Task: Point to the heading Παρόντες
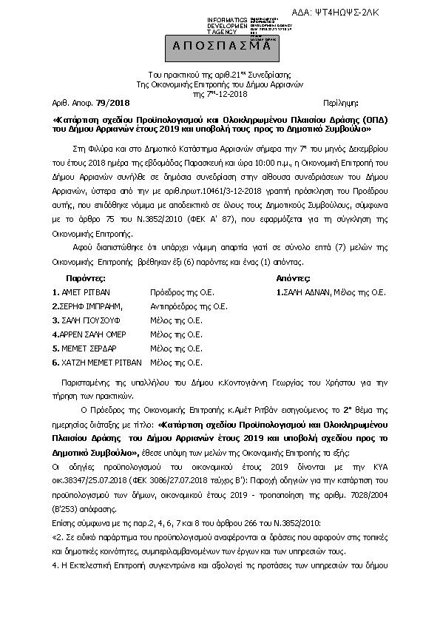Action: point(85,279)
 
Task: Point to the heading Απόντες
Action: point(293,279)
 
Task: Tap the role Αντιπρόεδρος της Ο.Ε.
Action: point(188,306)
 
